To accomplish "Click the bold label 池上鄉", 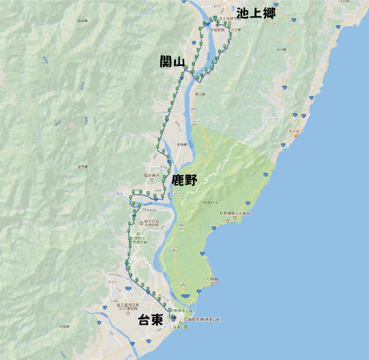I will pyautogui.click(x=255, y=13).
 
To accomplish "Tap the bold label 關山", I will pyautogui.click(x=171, y=62).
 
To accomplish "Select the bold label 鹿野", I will pyautogui.click(x=184, y=181).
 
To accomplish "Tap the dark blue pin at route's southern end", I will pyautogui.click(x=173, y=318).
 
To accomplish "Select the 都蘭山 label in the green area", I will pyautogui.click(x=211, y=203).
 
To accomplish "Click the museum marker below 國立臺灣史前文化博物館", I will pyautogui.click(x=120, y=308).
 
